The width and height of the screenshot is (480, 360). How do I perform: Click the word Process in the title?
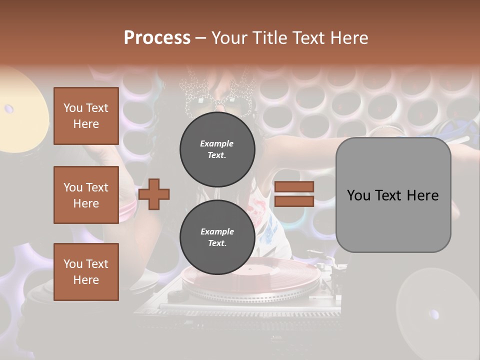tap(157, 37)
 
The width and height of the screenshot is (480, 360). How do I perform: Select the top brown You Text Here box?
tap(86, 116)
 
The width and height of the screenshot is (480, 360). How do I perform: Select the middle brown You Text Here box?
tap(86, 195)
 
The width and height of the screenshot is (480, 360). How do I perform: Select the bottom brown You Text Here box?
tap(86, 272)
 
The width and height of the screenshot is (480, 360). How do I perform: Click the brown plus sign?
tap(154, 194)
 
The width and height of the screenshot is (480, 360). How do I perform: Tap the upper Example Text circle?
tap(217, 149)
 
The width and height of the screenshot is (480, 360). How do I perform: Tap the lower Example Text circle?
tap(217, 237)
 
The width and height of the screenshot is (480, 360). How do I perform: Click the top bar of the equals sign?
tap(294, 186)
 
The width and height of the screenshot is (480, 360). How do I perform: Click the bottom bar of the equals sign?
tap(294, 201)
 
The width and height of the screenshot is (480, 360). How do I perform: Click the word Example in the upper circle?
tap(217, 143)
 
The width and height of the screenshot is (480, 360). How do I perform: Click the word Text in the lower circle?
tap(217, 243)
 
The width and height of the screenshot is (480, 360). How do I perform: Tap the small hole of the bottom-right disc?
tap(433, 314)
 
